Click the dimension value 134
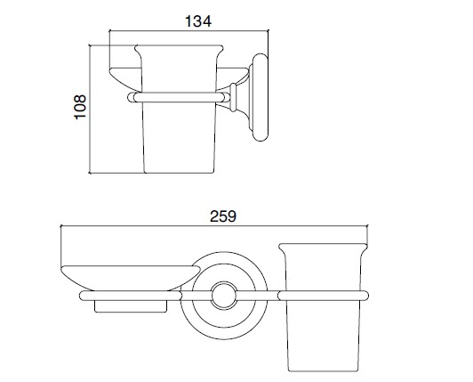[198, 21]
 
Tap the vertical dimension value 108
[80, 107]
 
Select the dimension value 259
[223, 216]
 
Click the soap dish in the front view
[131, 278]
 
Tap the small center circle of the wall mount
[224, 296]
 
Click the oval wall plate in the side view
[260, 98]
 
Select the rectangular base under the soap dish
[131, 306]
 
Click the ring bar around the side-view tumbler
[179, 97]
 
